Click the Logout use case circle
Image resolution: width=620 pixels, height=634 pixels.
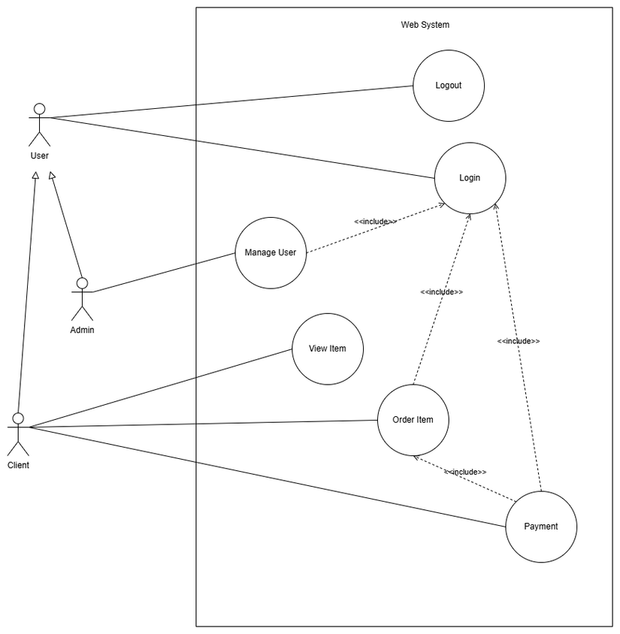(x=449, y=86)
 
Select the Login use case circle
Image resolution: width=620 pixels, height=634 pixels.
(x=470, y=178)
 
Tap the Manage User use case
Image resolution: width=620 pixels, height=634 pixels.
(x=271, y=252)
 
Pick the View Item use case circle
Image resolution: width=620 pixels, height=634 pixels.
(x=327, y=349)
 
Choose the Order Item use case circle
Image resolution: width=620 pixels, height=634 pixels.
(x=413, y=420)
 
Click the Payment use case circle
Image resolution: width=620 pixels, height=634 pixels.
(x=541, y=527)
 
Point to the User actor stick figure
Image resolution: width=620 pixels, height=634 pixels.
(x=39, y=124)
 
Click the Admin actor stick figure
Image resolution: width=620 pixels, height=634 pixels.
(x=82, y=298)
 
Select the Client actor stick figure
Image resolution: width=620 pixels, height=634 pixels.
(x=18, y=433)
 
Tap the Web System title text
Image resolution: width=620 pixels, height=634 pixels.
(x=425, y=25)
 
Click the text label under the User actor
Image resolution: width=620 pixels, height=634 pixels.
(x=39, y=156)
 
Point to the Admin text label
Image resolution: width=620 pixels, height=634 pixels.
(x=82, y=330)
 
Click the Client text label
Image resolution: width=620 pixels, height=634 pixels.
(x=18, y=466)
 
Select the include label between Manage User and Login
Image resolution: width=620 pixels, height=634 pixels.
(x=375, y=222)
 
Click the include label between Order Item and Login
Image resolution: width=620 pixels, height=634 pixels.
(x=441, y=291)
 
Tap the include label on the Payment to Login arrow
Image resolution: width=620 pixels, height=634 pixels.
(x=518, y=341)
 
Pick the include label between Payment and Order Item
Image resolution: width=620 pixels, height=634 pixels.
(x=464, y=472)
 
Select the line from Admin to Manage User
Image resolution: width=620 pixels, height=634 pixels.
(x=165, y=272)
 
